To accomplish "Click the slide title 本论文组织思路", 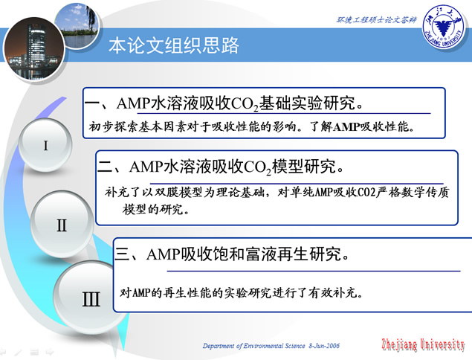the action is pyautogui.click(x=174, y=46).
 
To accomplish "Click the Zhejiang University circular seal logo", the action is pyautogui.click(x=443, y=27).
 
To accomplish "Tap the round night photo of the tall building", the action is pyautogui.click(x=34, y=49).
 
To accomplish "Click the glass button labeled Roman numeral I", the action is pyautogui.click(x=45, y=145).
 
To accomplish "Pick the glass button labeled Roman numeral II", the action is pyautogui.click(x=62, y=225).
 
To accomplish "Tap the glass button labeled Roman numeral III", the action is pyautogui.click(x=91, y=298).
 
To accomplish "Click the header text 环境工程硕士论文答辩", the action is pyautogui.click(x=376, y=20).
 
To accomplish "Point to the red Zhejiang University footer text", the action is pyautogui.click(x=423, y=344).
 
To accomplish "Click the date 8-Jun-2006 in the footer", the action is pyautogui.click(x=324, y=346).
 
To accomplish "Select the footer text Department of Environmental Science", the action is pyautogui.click(x=253, y=346).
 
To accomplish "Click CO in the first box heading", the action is pyautogui.click(x=242, y=103).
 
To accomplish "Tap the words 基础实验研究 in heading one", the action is pyautogui.click(x=307, y=103).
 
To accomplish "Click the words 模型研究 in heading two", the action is pyautogui.click(x=304, y=166).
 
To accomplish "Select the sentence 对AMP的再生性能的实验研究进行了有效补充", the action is pyautogui.click(x=241, y=292).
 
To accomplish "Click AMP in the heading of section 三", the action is pyautogui.click(x=164, y=254).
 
